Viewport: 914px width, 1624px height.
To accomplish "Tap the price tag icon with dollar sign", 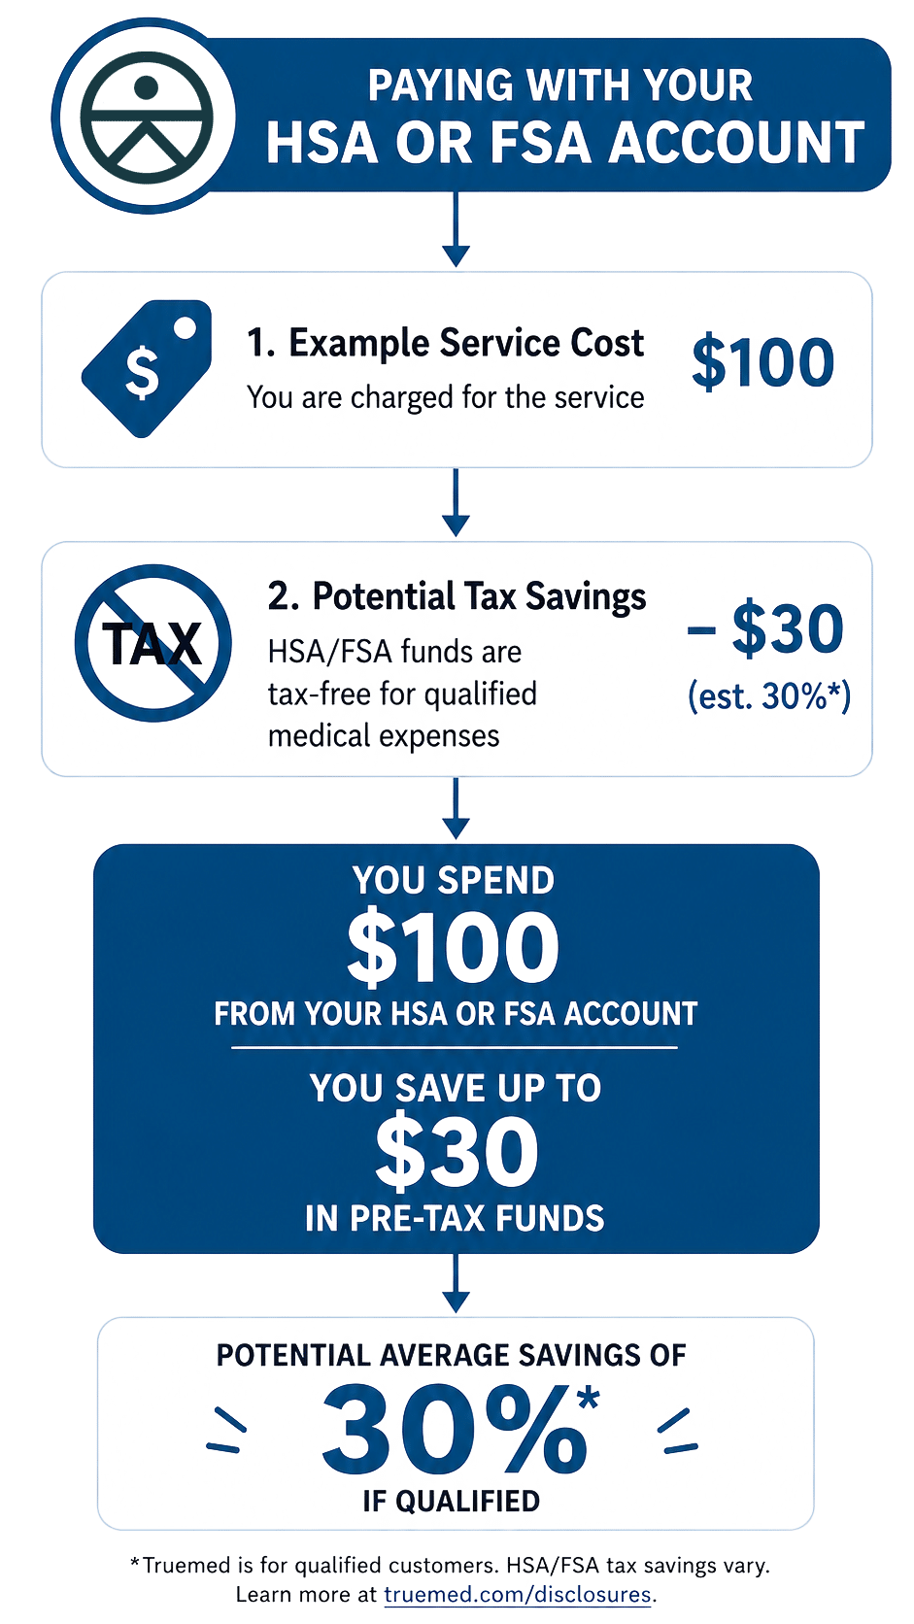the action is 147,368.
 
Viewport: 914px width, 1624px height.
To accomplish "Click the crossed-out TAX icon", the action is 152,643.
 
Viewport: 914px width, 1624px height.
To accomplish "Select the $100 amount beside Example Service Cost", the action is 762,361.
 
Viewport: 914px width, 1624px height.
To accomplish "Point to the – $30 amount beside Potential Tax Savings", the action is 765,627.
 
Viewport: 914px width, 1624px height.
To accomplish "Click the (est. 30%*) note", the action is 768,696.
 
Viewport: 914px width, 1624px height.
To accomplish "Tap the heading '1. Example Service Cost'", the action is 445,343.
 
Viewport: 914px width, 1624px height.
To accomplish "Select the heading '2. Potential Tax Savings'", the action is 457,596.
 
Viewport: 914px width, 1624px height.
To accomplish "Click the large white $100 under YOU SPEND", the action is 453,947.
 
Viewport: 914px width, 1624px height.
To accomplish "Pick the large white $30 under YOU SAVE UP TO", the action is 457,1152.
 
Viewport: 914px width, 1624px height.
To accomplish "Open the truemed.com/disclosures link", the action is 518,1594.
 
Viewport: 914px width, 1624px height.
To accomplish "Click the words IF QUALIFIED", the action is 452,1501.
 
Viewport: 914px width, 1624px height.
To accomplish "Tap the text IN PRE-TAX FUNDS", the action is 455,1218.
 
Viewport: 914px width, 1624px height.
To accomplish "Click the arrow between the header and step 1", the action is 456,229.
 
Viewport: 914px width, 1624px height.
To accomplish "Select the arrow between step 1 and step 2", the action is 456,502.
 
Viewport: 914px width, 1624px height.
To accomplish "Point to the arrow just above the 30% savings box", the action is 456,1283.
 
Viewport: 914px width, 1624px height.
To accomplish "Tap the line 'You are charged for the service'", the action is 445,397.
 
